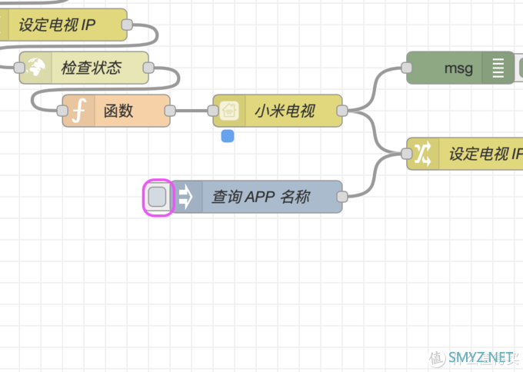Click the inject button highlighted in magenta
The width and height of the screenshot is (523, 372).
[x=157, y=198]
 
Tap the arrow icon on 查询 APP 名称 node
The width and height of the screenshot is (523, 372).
[x=185, y=198]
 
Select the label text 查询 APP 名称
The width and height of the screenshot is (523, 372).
[x=261, y=198]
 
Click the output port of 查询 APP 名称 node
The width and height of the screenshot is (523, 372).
[x=342, y=197]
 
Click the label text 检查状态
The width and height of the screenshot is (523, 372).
[x=92, y=68]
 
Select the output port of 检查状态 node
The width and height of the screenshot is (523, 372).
[x=148, y=68]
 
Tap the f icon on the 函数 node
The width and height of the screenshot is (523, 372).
[x=78, y=111]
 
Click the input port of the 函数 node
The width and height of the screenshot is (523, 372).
[x=63, y=111]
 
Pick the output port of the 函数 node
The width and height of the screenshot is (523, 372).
[x=170, y=111]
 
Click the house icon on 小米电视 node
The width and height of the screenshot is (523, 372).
[x=229, y=111]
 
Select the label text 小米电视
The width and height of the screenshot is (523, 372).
[x=285, y=111]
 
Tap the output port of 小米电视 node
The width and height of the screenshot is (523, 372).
[x=342, y=111]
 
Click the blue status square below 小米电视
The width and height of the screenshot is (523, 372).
[x=228, y=136]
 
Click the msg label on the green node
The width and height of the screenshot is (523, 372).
[x=458, y=68]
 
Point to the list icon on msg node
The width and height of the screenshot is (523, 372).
[x=498, y=68]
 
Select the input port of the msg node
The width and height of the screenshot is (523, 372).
[x=407, y=68]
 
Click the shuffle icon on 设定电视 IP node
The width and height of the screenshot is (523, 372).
[x=423, y=154]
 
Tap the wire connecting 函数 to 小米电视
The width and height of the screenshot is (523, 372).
[x=192, y=111]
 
